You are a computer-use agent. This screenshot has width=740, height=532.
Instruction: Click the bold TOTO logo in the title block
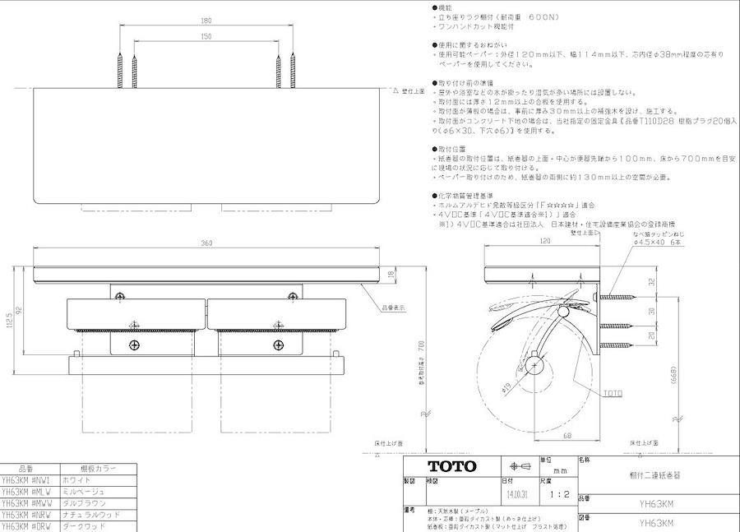click(x=451, y=467)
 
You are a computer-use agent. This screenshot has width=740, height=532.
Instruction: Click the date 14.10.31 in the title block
click(x=518, y=496)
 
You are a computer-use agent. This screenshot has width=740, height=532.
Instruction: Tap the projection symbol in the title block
click(x=520, y=466)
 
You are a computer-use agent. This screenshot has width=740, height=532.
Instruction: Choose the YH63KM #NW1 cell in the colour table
click(x=26, y=479)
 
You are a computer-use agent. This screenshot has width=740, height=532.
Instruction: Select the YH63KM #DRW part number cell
click(x=26, y=525)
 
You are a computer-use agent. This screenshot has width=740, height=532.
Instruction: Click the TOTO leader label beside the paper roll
click(x=613, y=394)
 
